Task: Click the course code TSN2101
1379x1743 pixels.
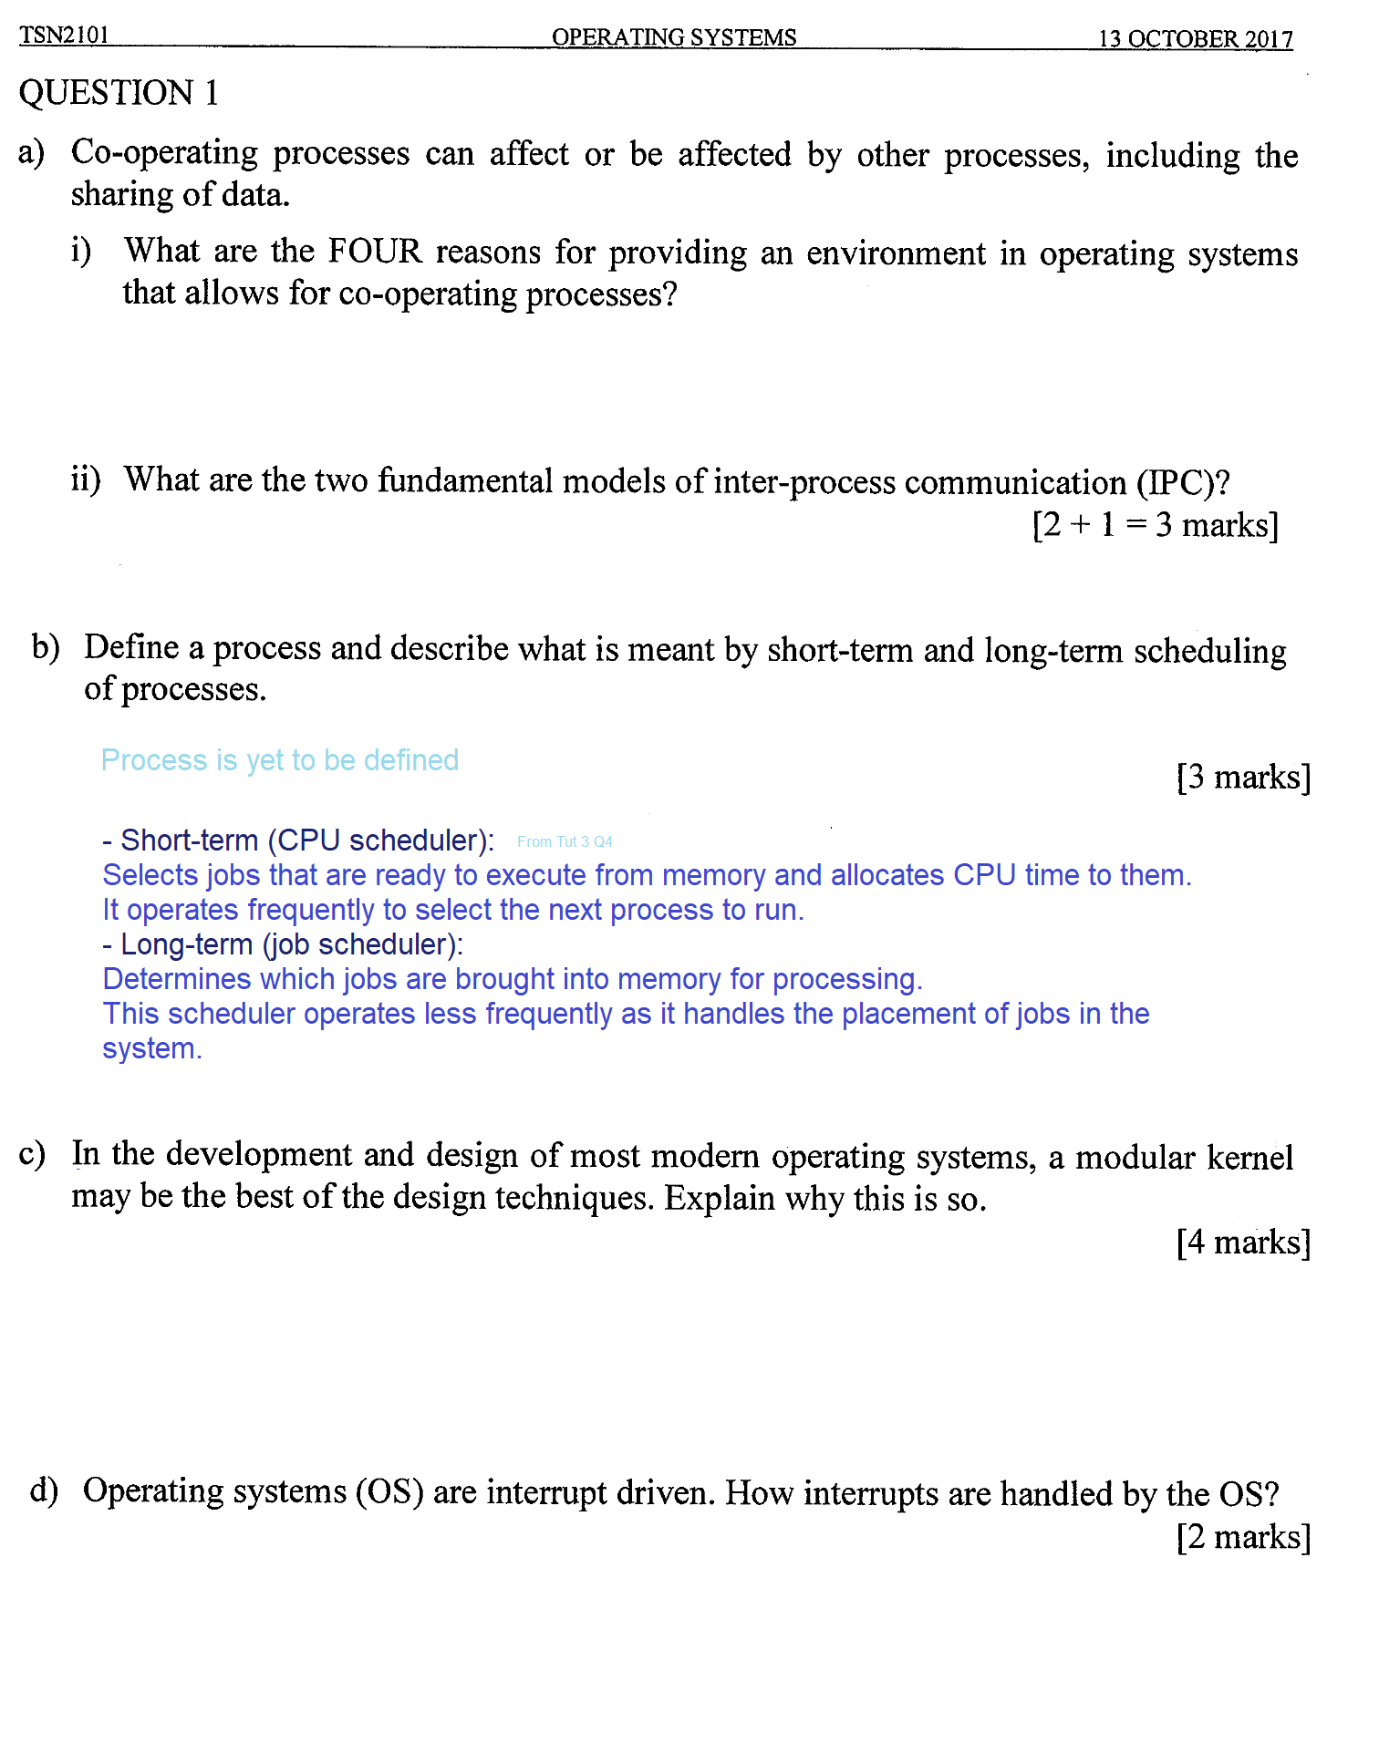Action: click(64, 35)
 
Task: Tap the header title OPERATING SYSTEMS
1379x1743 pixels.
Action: click(673, 37)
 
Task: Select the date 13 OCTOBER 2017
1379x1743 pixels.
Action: click(1195, 39)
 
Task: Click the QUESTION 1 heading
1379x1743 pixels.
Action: click(119, 93)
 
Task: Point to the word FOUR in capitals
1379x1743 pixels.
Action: click(375, 251)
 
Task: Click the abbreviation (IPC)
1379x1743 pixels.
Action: click(1182, 482)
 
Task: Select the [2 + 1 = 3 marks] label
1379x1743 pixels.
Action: click(1155, 525)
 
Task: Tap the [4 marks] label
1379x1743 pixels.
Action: click(1242, 1242)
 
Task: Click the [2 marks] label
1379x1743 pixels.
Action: click(1242, 1537)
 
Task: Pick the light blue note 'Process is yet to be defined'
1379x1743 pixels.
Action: click(279, 760)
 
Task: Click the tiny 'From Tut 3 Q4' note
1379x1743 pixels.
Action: click(565, 841)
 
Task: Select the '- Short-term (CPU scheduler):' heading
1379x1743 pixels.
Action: click(298, 840)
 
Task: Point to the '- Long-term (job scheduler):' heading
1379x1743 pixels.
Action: click(283, 944)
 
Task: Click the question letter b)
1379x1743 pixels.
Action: click(46, 647)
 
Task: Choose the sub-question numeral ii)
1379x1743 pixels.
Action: click(86, 479)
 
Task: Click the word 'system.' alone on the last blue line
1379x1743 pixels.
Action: click(151, 1049)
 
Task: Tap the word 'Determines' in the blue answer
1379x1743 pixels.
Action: click(176, 979)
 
